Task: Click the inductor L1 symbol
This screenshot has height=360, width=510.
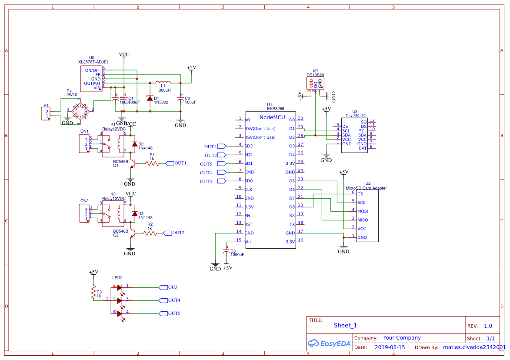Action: coord(163,82)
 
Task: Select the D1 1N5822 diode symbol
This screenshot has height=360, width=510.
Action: coord(150,98)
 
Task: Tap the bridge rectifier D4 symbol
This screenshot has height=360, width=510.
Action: coord(80,110)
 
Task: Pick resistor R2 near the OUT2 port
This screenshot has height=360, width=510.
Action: coord(150,233)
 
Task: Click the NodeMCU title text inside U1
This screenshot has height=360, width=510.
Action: coord(272,117)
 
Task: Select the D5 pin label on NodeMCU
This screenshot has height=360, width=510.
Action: coord(292,181)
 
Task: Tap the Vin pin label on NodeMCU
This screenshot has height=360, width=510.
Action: coord(248,242)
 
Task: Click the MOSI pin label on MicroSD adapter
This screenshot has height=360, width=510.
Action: coord(363,211)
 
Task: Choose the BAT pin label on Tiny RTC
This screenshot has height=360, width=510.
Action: coord(363,148)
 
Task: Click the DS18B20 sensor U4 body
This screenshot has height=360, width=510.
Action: coord(315,83)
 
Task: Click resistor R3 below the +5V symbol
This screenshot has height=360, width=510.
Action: coord(93,293)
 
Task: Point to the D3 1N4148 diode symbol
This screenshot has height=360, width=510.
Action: coord(134,214)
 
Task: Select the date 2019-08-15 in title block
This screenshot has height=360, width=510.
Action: coord(390,347)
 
